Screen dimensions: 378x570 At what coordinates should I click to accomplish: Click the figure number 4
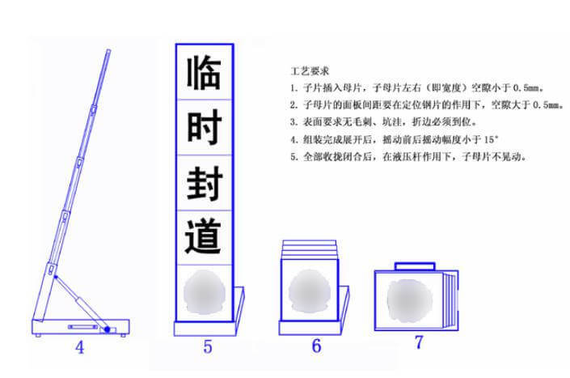tap(80, 350)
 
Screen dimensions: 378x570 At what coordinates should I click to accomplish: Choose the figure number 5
tap(208, 348)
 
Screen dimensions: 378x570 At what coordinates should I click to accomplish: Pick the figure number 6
tap(316, 346)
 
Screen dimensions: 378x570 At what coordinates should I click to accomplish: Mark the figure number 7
tap(419, 342)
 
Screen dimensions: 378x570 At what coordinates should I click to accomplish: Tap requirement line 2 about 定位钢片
tap(425, 105)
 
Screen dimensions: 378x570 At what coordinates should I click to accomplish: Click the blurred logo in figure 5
tap(205, 292)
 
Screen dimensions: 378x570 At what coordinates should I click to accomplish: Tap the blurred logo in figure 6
tap(308, 288)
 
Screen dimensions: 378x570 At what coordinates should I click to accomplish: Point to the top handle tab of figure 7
tap(415, 265)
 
